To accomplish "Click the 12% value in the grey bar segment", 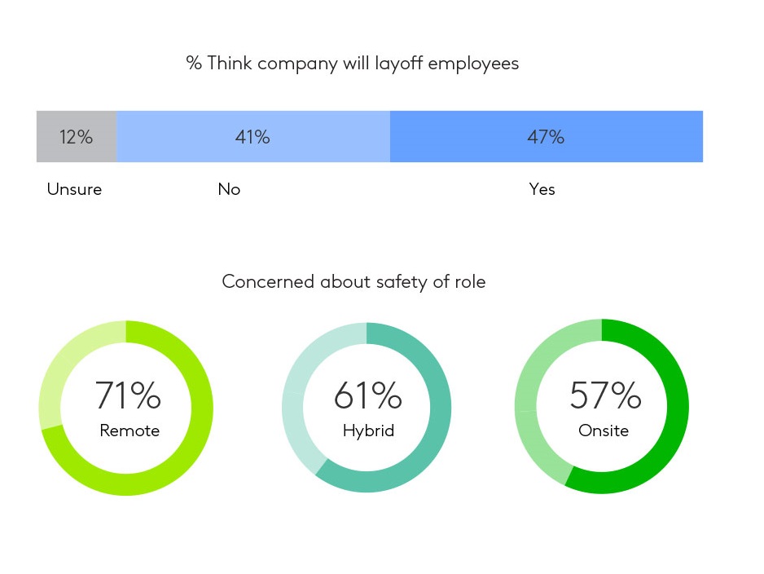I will tap(76, 137).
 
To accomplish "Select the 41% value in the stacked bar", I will tap(252, 137).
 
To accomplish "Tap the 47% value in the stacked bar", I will tap(546, 137).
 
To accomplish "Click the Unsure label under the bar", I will tap(74, 189).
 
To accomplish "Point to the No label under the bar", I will tap(229, 189).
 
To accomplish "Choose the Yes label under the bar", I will tap(542, 189).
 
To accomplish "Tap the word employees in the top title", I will tap(473, 64).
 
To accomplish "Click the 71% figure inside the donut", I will tap(128, 396).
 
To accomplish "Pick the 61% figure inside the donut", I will tap(367, 396).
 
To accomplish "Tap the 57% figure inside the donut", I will tap(605, 396).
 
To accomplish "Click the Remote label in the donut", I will tap(130, 430).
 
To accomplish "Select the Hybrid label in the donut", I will tap(368, 430).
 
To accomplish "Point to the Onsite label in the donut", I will tap(604, 430).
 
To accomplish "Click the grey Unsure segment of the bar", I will tap(49, 137).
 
